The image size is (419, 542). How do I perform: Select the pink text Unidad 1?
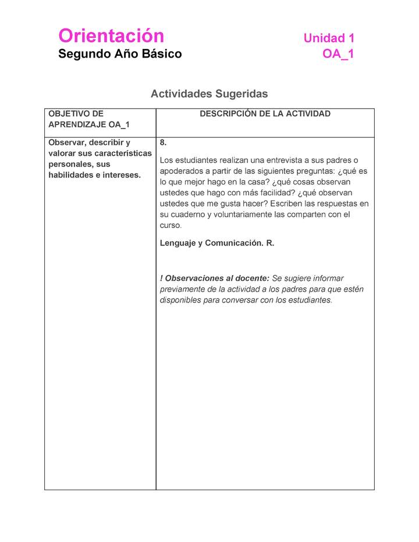tap(329, 38)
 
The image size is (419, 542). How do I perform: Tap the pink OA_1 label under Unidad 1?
tap(338, 54)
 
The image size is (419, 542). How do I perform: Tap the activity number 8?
tap(163, 142)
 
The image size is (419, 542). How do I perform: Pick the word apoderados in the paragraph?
tap(181, 171)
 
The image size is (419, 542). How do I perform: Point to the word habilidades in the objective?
tap(69, 175)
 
